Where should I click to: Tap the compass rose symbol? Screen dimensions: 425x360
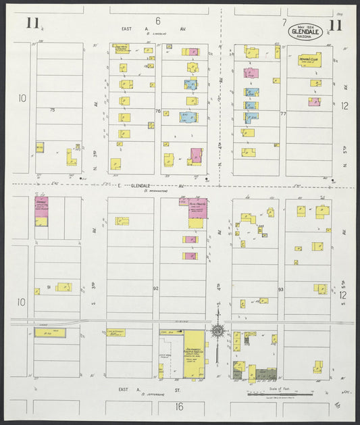pos(218,331)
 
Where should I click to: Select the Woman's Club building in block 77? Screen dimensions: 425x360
pos(310,61)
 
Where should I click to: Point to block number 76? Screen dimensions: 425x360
pos(157,111)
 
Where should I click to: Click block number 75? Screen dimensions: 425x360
pos(51,109)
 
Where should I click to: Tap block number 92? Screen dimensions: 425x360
pos(156,289)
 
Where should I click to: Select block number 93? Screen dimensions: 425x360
pos(281,289)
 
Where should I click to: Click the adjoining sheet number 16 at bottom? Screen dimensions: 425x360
pos(179,406)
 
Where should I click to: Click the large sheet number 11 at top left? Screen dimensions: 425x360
pos(32,24)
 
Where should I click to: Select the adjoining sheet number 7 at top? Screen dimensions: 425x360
pos(284,22)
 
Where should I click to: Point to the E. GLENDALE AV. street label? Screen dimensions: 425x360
pos(152,185)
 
